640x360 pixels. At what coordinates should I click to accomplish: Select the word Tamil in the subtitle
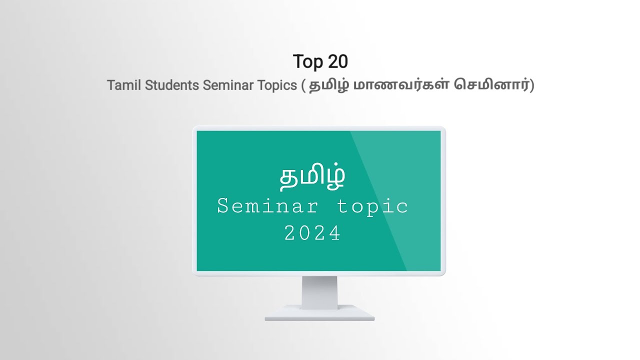click(124, 85)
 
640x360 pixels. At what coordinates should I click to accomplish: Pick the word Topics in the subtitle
click(277, 85)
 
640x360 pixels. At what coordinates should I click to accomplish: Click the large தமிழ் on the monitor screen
click(312, 177)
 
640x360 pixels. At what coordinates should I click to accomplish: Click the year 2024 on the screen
click(312, 233)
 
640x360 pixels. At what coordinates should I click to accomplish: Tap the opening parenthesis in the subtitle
click(303, 85)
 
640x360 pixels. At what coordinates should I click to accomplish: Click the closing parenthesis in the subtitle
click(532, 85)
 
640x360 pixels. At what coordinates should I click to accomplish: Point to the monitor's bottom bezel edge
click(319, 273)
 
